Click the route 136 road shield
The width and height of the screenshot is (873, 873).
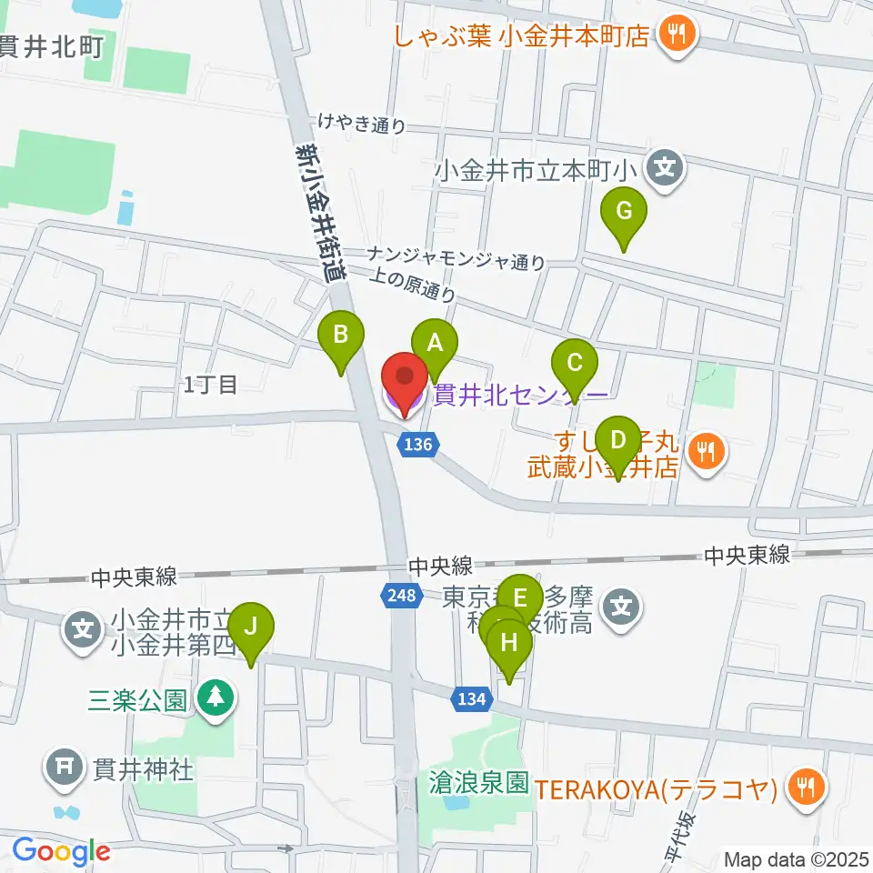coord(419,445)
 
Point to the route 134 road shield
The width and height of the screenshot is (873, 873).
coord(471,698)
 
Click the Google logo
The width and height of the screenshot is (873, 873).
coord(61,851)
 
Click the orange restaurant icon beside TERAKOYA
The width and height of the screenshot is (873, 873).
coord(804,787)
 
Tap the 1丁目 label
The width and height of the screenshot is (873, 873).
coord(210,385)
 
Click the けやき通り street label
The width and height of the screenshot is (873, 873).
coord(361,124)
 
